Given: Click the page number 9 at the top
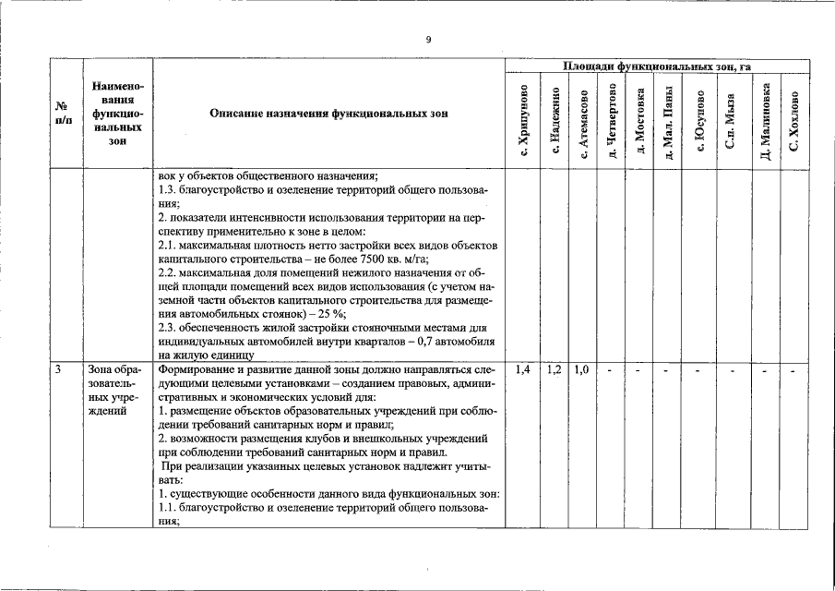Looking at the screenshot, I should pyautogui.click(x=428, y=39).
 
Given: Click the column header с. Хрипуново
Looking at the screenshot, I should pyautogui.click(x=523, y=120).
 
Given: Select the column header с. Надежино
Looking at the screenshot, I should pyautogui.click(x=555, y=121).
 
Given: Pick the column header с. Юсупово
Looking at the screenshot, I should pyautogui.click(x=699, y=121).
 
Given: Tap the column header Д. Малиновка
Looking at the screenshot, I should pyautogui.click(x=765, y=121).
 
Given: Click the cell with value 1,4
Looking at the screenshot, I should pyautogui.click(x=523, y=369).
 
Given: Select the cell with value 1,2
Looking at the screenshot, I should pyautogui.click(x=555, y=369).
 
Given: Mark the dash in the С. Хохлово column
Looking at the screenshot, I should pyautogui.click(x=794, y=370).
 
